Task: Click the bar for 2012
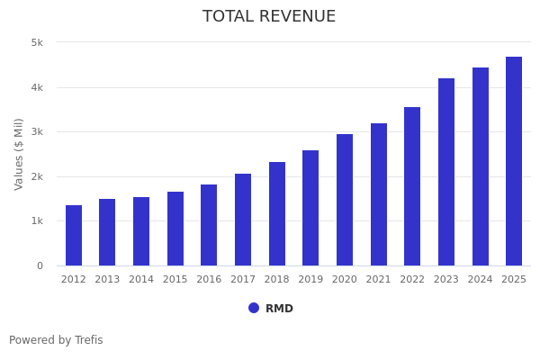click(x=74, y=236)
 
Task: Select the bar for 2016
click(x=209, y=225)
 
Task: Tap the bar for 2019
click(x=310, y=208)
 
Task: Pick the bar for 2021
click(x=379, y=194)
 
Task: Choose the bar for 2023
click(x=446, y=172)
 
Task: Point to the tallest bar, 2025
click(x=514, y=161)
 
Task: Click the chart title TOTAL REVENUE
click(x=269, y=17)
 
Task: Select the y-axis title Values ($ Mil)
click(x=20, y=154)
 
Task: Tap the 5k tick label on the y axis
click(x=37, y=42)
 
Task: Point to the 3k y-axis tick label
click(x=37, y=132)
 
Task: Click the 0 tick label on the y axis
click(x=40, y=265)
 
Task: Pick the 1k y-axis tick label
click(x=37, y=221)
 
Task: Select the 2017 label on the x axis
click(x=243, y=280)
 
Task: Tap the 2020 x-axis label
click(x=345, y=280)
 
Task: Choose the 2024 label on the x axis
click(x=481, y=280)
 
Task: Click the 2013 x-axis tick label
click(x=107, y=280)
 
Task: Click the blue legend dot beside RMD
click(x=254, y=308)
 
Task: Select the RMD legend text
click(x=279, y=309)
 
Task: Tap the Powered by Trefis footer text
click(x=56, y=340)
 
